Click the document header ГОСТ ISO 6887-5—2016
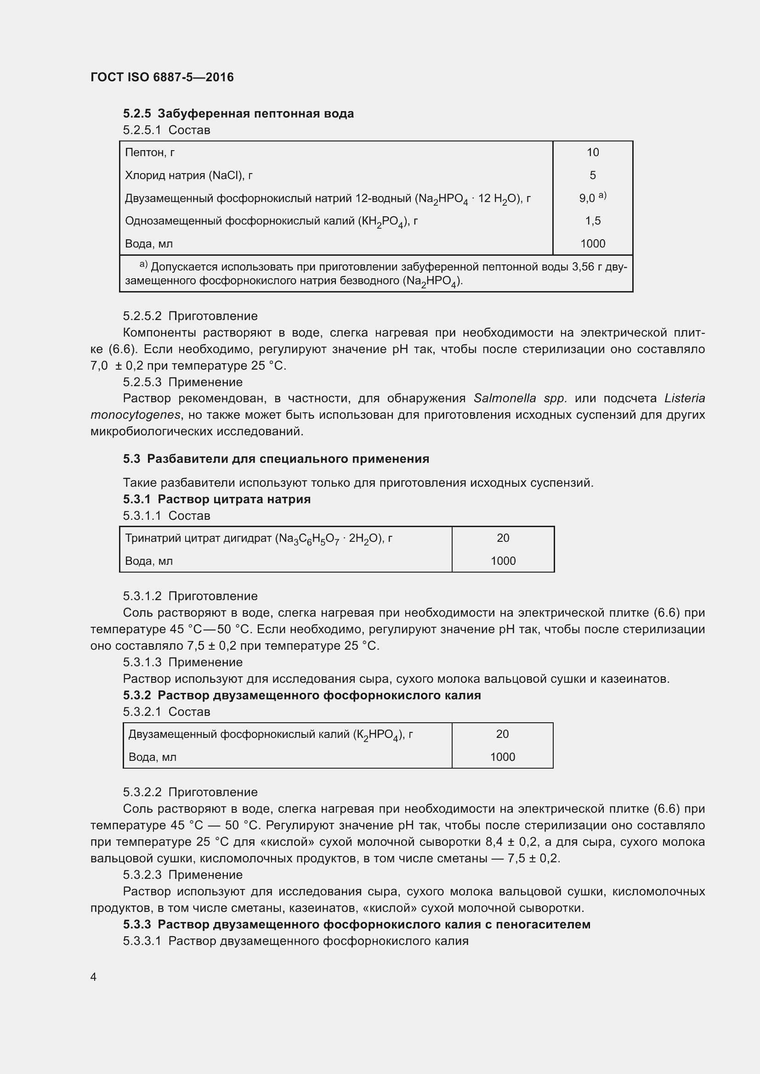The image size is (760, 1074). [x=162, y=77]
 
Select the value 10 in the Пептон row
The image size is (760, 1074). [x=592, y=152]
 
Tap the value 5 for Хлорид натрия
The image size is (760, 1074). [x=592, y=175]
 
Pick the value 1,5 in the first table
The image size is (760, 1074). [x=592, y=221]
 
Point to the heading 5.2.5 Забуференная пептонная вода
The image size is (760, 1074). [x=238, y=114]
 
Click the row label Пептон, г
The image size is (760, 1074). [x=150, y=152]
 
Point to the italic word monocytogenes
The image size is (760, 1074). [x=135, y=415]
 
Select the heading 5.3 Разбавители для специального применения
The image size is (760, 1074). [x=276, y=459]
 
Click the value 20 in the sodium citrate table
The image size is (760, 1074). [x=503, y=538]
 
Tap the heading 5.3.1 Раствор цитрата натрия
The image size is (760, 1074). [x=217, y=499]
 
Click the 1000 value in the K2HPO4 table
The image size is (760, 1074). [x=502, y=757]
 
